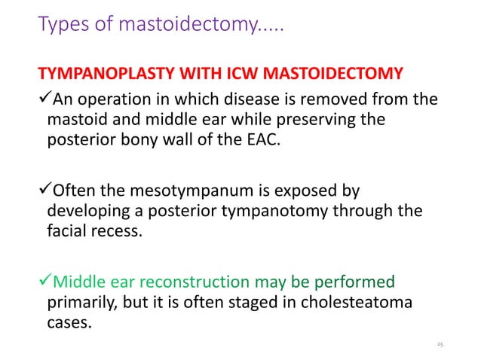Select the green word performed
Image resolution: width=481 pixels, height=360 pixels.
pyautogui.click(x=354, y=283)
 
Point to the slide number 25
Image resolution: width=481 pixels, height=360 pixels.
pyautogui.click(x=440, y=343)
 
